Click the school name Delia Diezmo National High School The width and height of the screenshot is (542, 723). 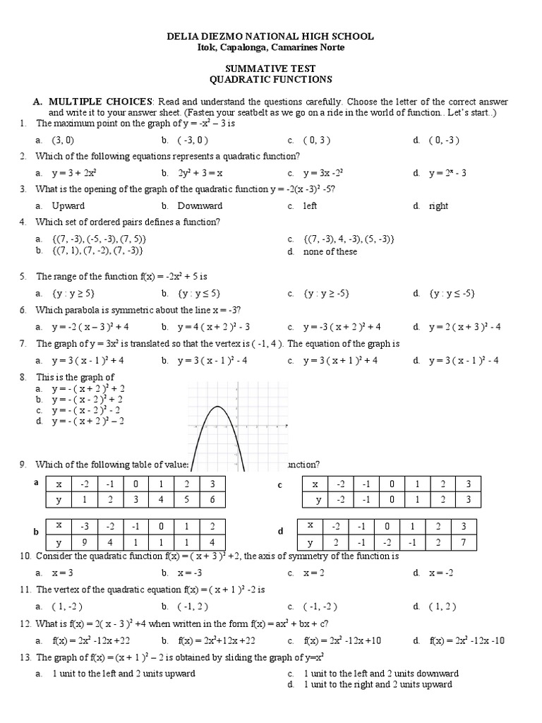(270, 36)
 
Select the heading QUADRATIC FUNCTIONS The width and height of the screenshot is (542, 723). (270, 80)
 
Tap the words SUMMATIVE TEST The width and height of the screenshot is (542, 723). (270, 69)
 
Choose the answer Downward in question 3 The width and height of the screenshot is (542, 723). (200, 206)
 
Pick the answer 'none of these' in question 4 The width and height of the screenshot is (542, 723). (330, 251)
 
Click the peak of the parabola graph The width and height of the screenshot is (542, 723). (219, 407)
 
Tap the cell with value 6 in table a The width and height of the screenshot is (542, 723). (210, 500)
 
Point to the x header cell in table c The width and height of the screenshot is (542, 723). (315, 484)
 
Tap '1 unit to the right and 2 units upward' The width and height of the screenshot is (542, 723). (378, 684)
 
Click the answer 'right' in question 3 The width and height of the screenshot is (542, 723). (438, 206)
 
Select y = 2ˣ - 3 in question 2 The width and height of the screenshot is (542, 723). (447, 173)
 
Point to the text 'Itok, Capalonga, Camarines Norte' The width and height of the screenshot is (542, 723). (270, 47)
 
